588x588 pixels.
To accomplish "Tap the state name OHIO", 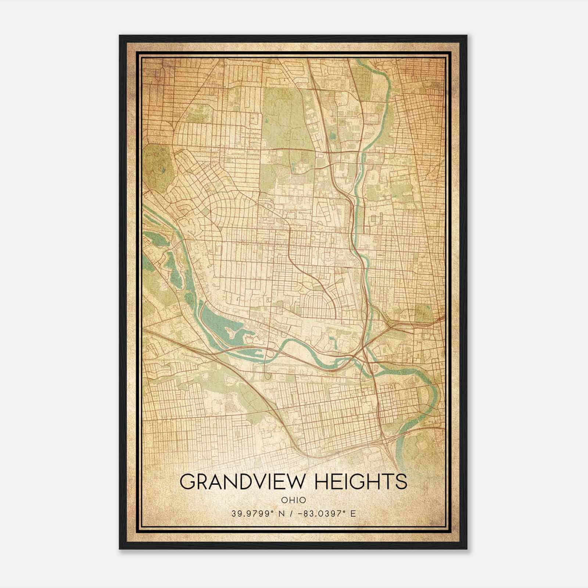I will (293, 500).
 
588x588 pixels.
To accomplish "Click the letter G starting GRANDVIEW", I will (188, 481).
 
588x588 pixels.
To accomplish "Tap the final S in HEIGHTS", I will (401, 481).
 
